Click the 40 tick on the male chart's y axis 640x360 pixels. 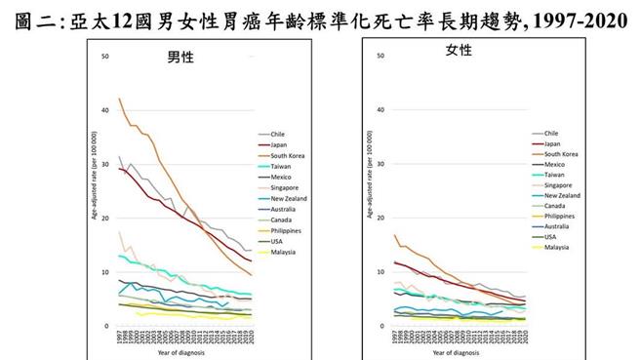click(105, 110)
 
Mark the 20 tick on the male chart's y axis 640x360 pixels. click(105, 219)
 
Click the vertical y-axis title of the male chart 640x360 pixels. click(94, 190)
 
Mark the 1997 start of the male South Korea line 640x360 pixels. click(119, 99)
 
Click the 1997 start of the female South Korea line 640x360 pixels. click(393, 235)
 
